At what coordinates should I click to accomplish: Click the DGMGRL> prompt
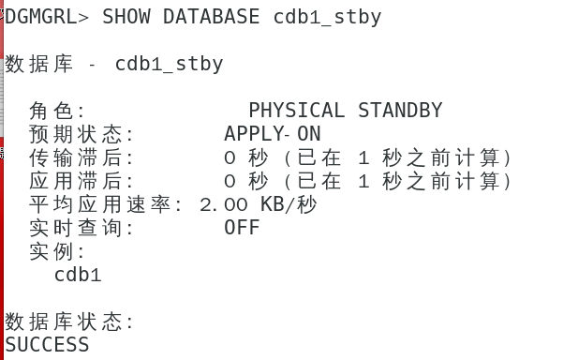pyautogui.click(x=48, y=16)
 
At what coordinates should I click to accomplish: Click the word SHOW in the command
pyautogui.click(x=126, y=16)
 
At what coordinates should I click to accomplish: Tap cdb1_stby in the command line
pyautogui.click(x=327, y=16)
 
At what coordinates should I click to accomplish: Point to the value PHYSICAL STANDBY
pyautogui.click(x=345, y=111)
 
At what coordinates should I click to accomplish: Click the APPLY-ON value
pyautogui.click(x=272, y=134)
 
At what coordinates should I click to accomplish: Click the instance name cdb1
pyautogui.click(x=78, y=275)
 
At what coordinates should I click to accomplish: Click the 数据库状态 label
pyautogui.click(x=68, y=322)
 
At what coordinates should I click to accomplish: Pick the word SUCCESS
pyautogui.click(x=47, y=345)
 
